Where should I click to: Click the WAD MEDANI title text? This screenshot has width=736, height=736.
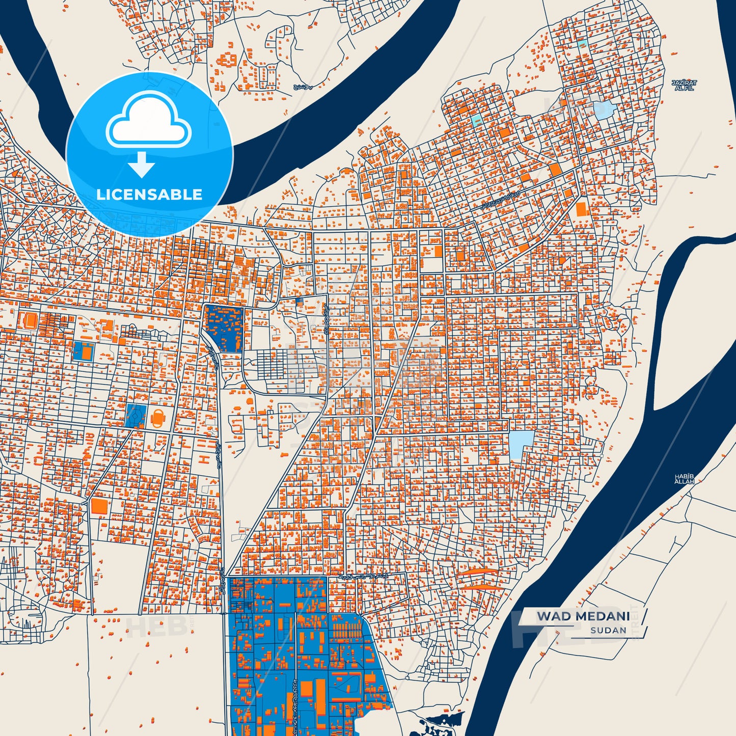pyautogui.click(x=583, y=616)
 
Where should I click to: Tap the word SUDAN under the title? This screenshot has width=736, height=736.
pyautogui.click(x=608, y=631)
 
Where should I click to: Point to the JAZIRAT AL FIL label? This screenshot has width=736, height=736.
pyautogui.click(x=684, y=85)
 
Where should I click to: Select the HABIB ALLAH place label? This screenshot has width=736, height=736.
pyautogui.click(x=684, y=479)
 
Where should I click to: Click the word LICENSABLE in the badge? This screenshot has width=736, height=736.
pyautogui.click(x=149, y=194)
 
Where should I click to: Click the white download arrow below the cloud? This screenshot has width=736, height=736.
pyautogui.click(x=142, y=165)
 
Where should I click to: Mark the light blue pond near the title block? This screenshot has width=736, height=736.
pyautogui.click(x=522, y=444)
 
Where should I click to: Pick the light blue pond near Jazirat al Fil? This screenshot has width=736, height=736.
pyautogui.click(x=603, y=110)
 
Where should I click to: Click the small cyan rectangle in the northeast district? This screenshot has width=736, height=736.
pyautogui.click(x=476, y=121)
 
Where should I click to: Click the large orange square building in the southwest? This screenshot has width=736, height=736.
pyautogui.click(x=100, y=506)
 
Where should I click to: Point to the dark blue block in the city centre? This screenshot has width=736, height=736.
pyautogui.click(x=223, y=329)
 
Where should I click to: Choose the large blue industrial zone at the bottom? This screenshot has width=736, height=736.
pyautogui.click(x=301, y=657)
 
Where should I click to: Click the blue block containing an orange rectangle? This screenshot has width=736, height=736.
pyautogui.click(x=84, y=351)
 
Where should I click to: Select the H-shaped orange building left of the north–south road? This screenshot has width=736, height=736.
pyautogui.click(x=204, y=459)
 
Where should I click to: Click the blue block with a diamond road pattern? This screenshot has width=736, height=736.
pyautogui.click(x=135, y=416)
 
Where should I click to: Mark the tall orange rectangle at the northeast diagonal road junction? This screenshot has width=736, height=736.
pyautogui.click(x=581, y=209)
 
